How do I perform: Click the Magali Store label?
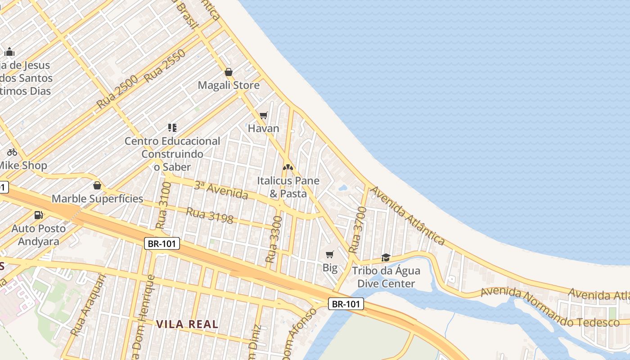click(x=229, y=85)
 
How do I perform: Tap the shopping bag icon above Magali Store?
click(x=229, y=72)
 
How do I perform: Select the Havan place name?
click(x=264, y=128)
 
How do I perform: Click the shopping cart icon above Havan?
click(x=264, y=115)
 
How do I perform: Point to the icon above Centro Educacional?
click(x=172, y=128)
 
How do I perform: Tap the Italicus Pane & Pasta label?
click(x=288, y=187)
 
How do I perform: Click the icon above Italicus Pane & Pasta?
click(x=288, y=167)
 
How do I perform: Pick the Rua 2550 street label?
click(x=166, y=66)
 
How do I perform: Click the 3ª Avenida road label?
click(x=221, y=190)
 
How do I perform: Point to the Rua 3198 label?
click(x=210, y=216)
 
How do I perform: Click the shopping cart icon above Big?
click(x=330, y=255)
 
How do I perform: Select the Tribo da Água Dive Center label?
click(x=386, y=277)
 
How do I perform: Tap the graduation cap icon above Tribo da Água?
click(x=386, y=257)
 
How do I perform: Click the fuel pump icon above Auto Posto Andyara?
click(x=39, y=215)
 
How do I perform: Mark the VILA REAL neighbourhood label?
click(x=187, y=324)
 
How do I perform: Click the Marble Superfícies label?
click(x=97, y=199)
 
